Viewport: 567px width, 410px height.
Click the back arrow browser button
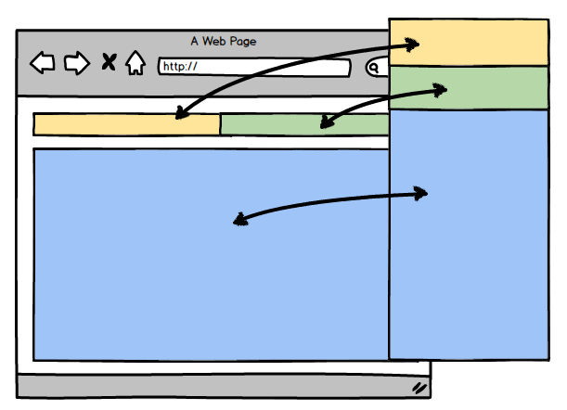pyautogui.click(x=43, y=63)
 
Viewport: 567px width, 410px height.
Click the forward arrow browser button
pyautogui.click(x=76, y=63)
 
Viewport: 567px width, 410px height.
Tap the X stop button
pyautogui.click(x=109, y=63)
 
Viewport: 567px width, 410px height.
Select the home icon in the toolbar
pyautogui.click(x=135, y=63)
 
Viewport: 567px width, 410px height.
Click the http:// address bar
pyautogui.click(x=253, y=67)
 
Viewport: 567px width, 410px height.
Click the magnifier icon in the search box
pyautogui.click(x=376, y=67)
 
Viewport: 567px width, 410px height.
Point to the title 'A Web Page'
pyautogui.click(x=224, y=41)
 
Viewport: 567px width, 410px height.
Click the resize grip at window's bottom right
pyautogui.click(x=419, y=387)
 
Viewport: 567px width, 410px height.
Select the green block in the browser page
pyautogui.click(x=278, y=124)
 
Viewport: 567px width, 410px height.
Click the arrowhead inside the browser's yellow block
pyautogui.click(x=181, y=115)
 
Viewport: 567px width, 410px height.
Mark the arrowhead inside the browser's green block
pyautogui.click(x=325, y=122)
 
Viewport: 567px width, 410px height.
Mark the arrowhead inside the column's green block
pyautogui.click(x=441, y=90)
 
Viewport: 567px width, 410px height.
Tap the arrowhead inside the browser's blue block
pyautogui.click(x=240, y=220)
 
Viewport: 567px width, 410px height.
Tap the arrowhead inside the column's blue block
pyautogui.click(x=421, y=193)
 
